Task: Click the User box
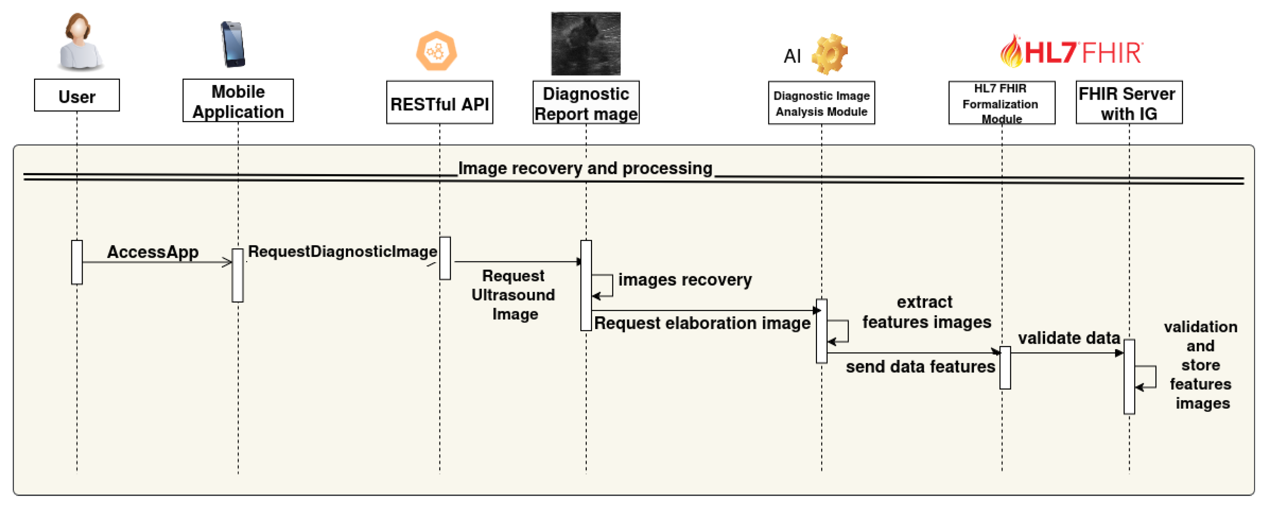77,95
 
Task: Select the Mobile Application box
238,101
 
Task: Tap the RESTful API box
440,103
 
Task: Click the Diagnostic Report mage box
586,103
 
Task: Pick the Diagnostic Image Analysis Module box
821,103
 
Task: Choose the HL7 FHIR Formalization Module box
1001,103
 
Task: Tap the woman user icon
79,42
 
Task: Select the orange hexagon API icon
436,51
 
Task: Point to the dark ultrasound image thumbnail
585,44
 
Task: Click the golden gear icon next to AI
829,54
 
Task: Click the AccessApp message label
153,252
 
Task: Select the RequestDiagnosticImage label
342,252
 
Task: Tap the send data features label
920,366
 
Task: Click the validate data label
1068,338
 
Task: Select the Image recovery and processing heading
585,169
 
